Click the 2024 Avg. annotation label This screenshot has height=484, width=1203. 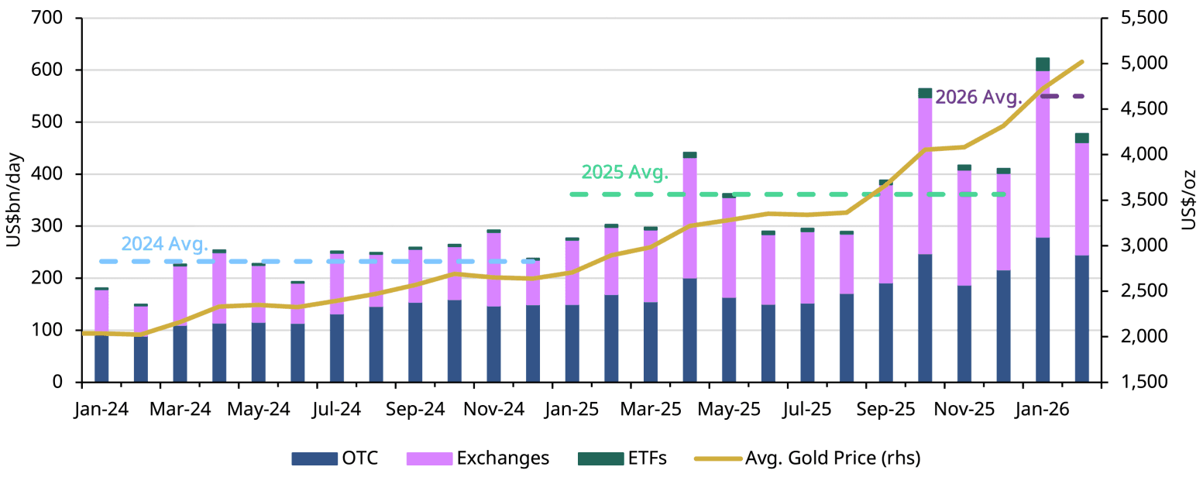[x=166, y=244]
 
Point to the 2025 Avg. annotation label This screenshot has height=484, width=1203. [x=624, y=173]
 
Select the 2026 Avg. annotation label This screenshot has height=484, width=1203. [x=979, y=98]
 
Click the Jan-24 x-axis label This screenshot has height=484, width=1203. [x=101, y=409]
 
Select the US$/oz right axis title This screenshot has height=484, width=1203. [x=1188, y=200]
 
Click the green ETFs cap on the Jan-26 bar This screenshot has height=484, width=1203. [x=1043, y=64]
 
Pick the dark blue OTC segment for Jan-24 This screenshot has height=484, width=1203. [x=101, y=358]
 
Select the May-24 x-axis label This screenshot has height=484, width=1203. [x=258, y=409]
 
